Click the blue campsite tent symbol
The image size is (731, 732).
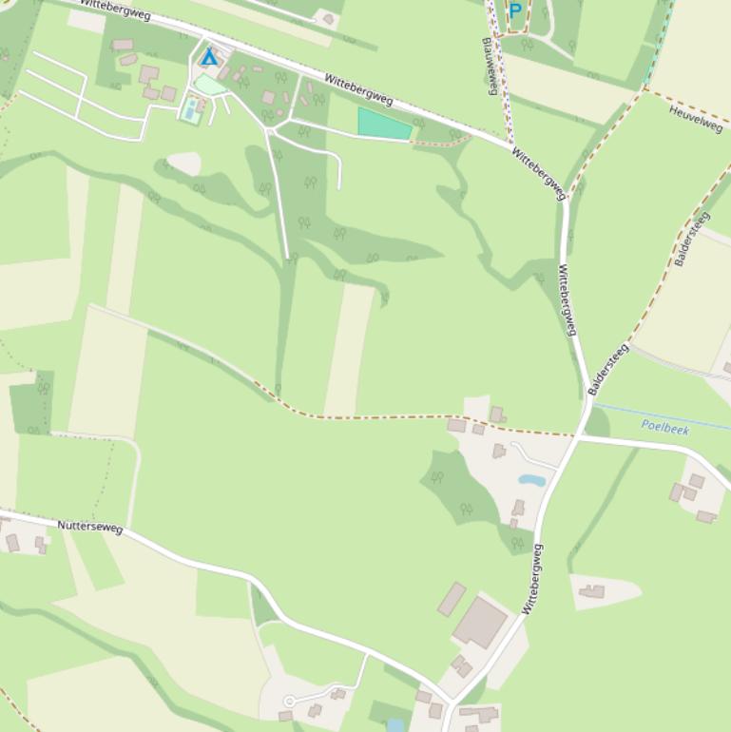(209, 58)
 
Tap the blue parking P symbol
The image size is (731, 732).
(515, 11)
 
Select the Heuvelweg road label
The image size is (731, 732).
(696, 119)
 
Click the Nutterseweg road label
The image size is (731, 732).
(90, 526)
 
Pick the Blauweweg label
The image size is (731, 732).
(491, 66)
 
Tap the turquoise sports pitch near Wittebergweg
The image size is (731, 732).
(385, 125)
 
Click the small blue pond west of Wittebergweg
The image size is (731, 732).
(531, 480)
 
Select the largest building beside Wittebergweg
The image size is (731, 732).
(480, 623)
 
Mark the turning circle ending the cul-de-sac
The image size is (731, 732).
(290, 702)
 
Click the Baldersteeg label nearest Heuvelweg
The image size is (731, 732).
(692, 239)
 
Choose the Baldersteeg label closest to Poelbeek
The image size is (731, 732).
(608, 369)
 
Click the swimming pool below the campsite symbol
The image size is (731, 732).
(191, 112)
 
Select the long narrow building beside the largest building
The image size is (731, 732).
(452, 600)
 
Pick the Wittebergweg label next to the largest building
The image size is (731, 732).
(532, 578)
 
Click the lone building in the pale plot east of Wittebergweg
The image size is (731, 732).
(593, 591)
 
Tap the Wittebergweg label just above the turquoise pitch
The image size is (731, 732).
(358, 87)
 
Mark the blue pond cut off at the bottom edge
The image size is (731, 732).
(395, 725)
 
